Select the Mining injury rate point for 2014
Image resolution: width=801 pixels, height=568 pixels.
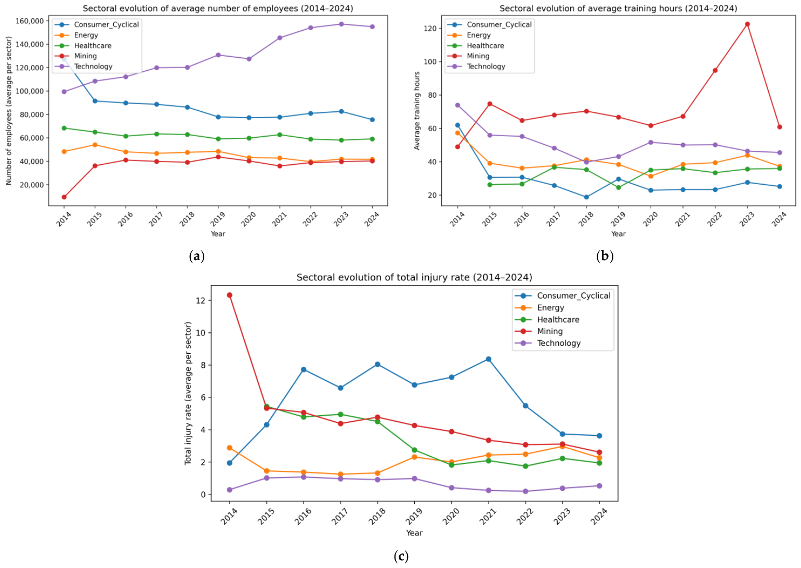[230, 295]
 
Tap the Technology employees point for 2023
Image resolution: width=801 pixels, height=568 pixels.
[341, 24]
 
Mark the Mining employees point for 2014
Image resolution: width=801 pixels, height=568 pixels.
[64, 197]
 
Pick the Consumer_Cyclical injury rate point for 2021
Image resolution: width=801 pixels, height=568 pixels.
[489, 359]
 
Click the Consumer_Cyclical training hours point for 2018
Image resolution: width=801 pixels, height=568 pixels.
[586, 197]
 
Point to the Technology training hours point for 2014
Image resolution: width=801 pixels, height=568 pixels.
[457, 105]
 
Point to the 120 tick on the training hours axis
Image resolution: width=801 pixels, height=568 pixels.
[430, 28]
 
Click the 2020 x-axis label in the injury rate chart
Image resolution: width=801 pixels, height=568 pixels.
[451, 517]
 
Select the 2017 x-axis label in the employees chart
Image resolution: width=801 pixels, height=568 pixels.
[156, 219]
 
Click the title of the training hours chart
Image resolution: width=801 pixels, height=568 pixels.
[618, 8]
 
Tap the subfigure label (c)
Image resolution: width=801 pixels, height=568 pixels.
[401, 556]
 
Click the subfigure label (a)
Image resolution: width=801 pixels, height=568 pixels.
[196, 256]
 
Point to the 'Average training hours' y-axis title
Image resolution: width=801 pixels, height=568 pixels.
[417, 111]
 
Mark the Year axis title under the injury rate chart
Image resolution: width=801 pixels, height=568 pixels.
[414, 533]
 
